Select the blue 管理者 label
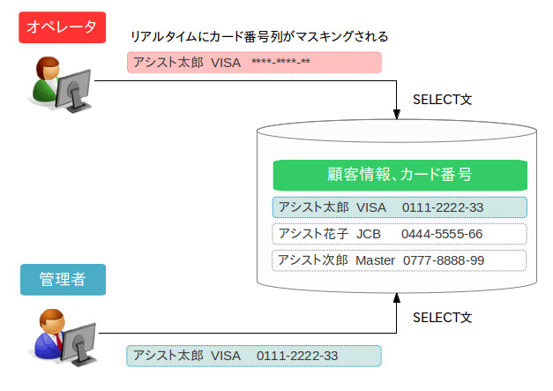coord(62,280)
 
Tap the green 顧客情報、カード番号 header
coord(400,175)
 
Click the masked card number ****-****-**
coord(280,63)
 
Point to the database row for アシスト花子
coord(400,234)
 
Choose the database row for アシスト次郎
coord(400,260)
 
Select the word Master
coord(375,260)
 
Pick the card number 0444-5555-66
coord(442,234)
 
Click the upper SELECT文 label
coord(443,99)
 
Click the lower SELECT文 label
coord(443,316)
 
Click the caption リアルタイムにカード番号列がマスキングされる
coord(259,37)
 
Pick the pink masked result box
coord(254,63)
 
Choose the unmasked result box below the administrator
coord(254,356)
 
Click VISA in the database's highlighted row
coord(371,207)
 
